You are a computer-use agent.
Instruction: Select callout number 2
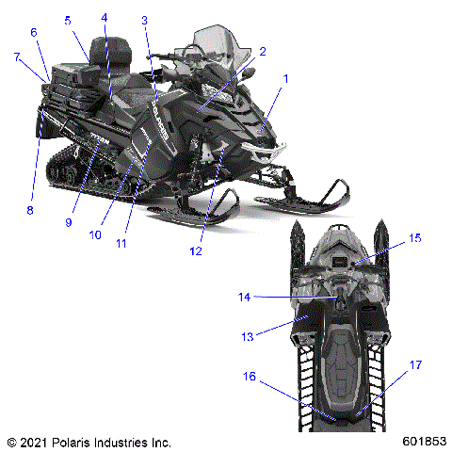(x=263, y=52)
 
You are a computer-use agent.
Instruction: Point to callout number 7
(x=17, y=57)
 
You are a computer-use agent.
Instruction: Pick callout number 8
(x=29, y=210)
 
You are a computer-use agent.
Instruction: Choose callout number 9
(x=69, y=223)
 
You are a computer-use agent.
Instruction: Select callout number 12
(x=196, y=251)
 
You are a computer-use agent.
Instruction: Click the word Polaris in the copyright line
(x=77, y=441)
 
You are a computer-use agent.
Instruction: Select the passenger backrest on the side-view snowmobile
(x=119, y=49)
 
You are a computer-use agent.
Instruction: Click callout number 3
(x=144, y=20)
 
